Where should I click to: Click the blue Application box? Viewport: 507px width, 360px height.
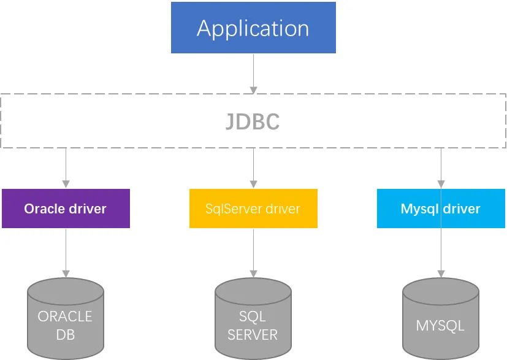click(253, 28)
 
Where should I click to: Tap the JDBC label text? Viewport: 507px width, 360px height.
click(253, 121)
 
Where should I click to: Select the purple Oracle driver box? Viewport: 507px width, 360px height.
click(66, 209)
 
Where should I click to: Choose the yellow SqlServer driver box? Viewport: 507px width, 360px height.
click(253, 209)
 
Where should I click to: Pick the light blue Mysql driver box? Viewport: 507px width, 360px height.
click(441, 209)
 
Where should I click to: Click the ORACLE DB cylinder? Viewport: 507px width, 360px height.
click(66, 318)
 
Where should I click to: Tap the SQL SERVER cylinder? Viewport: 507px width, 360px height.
click(253, 318)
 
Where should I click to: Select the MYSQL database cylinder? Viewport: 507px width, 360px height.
click(441, 318)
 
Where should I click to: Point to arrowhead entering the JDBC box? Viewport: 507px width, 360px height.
click(254, 90)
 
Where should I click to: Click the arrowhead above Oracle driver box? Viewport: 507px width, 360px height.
click(66, 184)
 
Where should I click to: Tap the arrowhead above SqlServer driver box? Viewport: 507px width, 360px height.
click(254, 184)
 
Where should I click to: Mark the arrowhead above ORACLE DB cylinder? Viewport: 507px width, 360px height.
click(66, 274)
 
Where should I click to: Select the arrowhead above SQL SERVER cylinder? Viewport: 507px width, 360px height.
click(254, 274)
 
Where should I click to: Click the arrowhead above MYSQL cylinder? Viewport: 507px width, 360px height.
click(441, 274)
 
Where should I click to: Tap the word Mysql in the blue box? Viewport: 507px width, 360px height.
click(420, 209)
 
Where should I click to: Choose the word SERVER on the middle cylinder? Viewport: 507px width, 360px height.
click(253, 335)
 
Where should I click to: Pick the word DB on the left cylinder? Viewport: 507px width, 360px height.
click(66, 335)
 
